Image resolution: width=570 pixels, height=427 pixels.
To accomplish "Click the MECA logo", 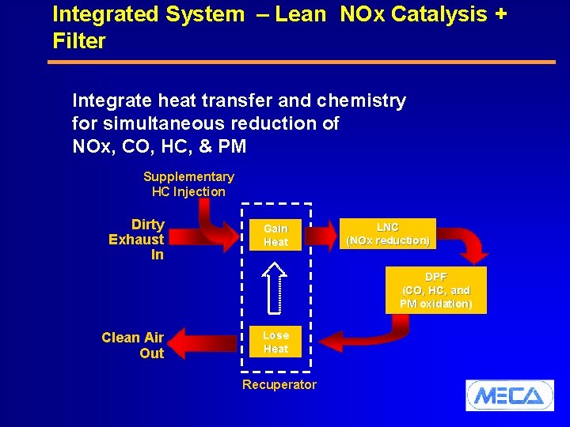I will click(509, 395).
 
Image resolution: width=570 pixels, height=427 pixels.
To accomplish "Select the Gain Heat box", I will click(275, 235).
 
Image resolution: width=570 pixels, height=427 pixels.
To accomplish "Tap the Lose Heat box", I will click(275, 342).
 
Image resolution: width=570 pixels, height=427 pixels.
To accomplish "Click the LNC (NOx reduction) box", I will click(388, 233).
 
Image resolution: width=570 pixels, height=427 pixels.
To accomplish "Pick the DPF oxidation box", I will click(435, 290).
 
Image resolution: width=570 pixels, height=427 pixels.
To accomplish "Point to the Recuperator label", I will click(279, 385).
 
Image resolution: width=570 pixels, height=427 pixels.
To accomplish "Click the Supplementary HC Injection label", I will click(188, 184).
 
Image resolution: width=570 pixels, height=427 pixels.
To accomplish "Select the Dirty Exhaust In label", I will click(136, 239).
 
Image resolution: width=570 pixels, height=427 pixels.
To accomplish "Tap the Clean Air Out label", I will click(133, 346).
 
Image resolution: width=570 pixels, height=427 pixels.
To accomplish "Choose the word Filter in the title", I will click(78, 40).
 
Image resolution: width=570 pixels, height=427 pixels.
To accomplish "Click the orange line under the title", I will click(302, 62).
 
